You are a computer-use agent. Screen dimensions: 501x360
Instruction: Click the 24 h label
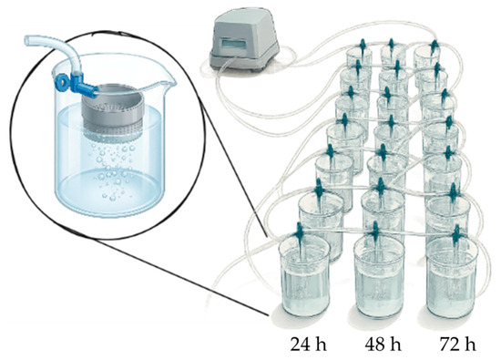tap(308, 345)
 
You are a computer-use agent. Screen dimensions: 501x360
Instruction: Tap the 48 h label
tap(383, 345)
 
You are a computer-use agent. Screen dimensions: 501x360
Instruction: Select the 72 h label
tap(457, 345)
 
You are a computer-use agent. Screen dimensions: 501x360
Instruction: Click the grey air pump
tap(244, 42)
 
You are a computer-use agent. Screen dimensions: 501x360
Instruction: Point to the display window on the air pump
tap(234, 43)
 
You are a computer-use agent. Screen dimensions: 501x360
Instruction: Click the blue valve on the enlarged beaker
tap(75, 83)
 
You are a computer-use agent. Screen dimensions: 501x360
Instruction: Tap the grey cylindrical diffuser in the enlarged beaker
tap(111, 110)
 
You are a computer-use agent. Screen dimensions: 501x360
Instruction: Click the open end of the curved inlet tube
tap(28, 40)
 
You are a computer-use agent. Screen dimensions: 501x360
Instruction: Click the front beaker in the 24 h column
tap(304, 275)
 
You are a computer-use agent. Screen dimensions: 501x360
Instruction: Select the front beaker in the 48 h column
tap(379, 275)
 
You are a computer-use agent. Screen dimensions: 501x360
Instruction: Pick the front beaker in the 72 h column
tap(452, 277)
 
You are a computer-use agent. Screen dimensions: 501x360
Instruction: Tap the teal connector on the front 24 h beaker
tap(300, 232)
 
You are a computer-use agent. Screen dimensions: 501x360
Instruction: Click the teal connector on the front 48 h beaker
tap(375, 231)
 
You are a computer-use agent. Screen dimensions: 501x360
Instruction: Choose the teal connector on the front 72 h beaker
tap(456, 234)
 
